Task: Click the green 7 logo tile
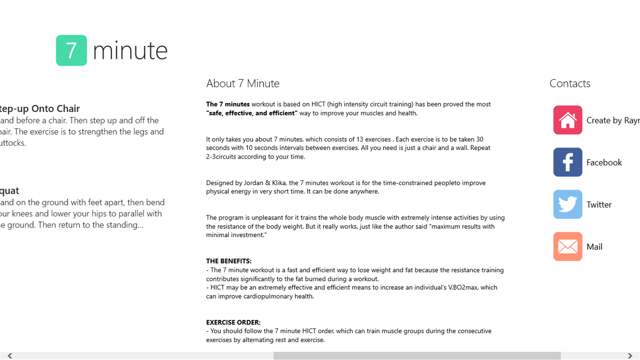coord(72,50)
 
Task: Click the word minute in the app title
coord(130,50)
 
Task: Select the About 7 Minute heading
coord(243,84)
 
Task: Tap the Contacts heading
coord(570,84)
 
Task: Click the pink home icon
coord(568,120)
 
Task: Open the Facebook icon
coord(568,162)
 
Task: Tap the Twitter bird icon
coord(568,204)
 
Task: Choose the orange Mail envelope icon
coord(568,247)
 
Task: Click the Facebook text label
coord(604,163)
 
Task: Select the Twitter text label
coord(599,205)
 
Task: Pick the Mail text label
coord(594,247)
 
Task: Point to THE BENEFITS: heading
coord(228,261)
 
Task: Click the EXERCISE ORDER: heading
coord(233,323)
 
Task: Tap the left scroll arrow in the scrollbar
coord(10,356)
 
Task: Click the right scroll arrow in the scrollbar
coord(630,356)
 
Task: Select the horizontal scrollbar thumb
coord(417,356)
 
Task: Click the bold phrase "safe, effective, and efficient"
coord(252,113)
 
